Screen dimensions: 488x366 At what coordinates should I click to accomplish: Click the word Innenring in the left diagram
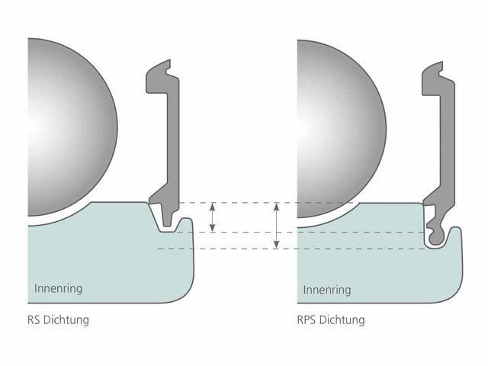[58, 288]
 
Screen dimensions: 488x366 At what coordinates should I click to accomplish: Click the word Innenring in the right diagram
[327, 290]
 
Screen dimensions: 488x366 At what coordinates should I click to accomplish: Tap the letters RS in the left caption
[34, 320]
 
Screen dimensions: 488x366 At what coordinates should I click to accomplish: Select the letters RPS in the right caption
[307, 320]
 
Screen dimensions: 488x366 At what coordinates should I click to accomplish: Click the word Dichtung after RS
[66, 320]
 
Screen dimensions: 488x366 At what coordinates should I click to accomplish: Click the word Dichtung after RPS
[342, 320]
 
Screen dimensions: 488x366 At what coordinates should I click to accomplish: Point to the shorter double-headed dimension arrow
[212, 217]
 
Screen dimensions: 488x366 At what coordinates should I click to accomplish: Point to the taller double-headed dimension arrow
[276, 226]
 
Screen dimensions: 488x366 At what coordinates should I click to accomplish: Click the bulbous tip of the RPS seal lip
[436, 238]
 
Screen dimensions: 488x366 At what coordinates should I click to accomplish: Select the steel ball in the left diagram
[72, 127]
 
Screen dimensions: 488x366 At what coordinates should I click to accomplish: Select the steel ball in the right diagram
[342, 129]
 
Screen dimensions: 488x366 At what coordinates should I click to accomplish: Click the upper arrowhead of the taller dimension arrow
[276, 206]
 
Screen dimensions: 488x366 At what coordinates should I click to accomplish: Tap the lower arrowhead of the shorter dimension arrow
[212, 229]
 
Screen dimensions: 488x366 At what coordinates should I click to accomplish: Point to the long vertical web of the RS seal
[173, 140]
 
